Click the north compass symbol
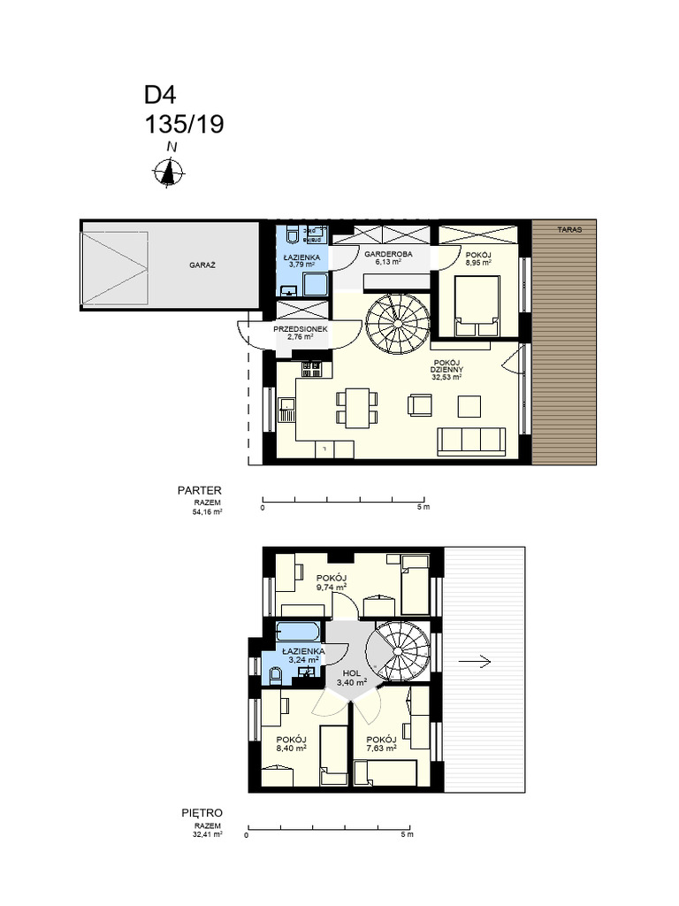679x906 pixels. (x=169, y=172)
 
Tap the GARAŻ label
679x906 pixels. (x=202, y=265)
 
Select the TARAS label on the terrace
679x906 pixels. (x=569, y=229)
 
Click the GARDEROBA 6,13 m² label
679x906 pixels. (x=388, y=257)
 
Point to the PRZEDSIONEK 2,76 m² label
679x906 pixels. (x=301, y=333)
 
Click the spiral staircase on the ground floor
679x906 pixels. (x=398, y=324)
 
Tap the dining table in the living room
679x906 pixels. (x=357, y=408)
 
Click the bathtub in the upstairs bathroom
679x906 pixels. (x=297, y=632)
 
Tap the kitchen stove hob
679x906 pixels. (x=312, y=369)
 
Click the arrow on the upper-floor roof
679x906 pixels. (x=475, y=662)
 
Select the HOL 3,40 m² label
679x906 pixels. (x=352, y=678)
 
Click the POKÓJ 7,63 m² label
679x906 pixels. (x=381, y=743)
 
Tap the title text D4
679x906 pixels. (x=160, y=95)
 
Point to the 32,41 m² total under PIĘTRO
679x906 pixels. (x=208, y=833)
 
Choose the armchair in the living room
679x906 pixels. (x=420, y=404)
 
